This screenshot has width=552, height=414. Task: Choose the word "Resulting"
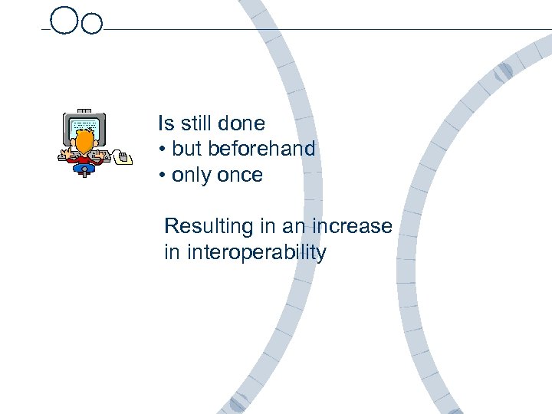198,227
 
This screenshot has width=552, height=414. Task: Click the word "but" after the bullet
186,149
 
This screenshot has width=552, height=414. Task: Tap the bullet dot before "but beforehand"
163,149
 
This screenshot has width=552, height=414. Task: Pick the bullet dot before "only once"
163,176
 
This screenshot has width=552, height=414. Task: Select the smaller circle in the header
91,24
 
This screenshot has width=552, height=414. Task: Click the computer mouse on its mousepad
123,156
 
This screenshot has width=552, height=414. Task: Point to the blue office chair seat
85,166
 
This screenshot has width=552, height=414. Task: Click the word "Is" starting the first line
166,123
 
